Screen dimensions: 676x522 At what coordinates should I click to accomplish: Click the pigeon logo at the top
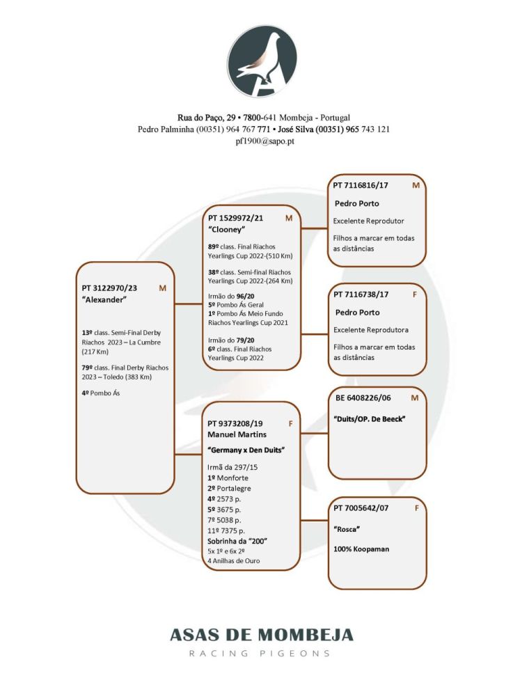[x=262, y=61]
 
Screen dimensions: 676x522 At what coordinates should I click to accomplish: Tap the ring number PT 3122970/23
[x=110, y=288]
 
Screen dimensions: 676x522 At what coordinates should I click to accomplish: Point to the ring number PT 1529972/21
[x=236, y=218]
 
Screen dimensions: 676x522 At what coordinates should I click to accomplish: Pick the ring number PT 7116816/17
[x=361, y=186]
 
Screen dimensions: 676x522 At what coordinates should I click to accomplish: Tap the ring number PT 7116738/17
[x=361, y=294]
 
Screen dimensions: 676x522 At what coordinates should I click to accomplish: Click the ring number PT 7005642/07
[x=361, y=508]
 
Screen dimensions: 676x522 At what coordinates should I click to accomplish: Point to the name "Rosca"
[x=347, y=529]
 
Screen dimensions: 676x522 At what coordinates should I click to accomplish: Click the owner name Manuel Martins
[x=237, y=434]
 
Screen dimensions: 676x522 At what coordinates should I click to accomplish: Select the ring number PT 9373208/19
[x=236, y=423]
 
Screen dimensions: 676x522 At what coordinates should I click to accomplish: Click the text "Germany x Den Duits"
[x=246, y=450]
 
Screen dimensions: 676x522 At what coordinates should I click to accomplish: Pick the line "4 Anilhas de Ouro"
[x=234, y=560]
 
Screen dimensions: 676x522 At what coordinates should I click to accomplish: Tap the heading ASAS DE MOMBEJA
[x=262, y=635]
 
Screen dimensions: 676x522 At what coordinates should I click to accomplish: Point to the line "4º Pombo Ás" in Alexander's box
[x=100, y=393]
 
